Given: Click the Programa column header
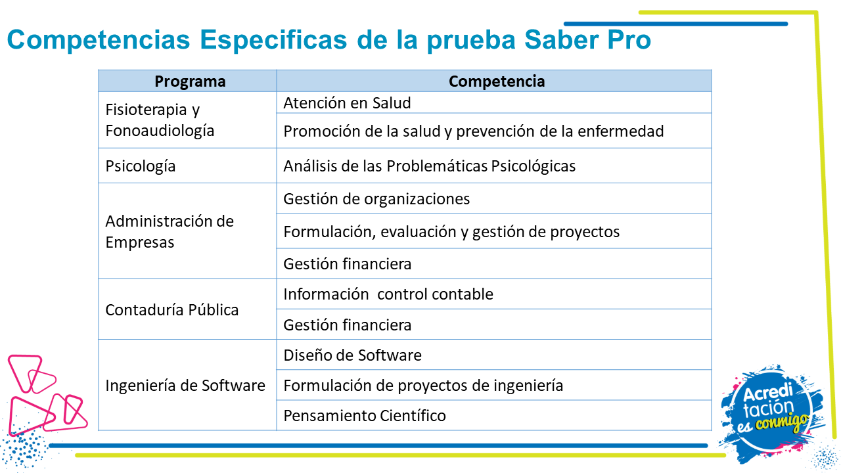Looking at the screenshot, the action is [x=190, y=81].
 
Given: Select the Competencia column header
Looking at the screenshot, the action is [x=496, y=81].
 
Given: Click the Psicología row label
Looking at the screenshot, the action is [x=141, y=166].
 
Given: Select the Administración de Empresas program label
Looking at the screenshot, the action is [x=170, y=232].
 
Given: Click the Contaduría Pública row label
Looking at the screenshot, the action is [x=171, y=309].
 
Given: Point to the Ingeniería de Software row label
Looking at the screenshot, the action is [x=185, y=386].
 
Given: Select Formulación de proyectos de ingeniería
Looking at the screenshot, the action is [x=423, y=386].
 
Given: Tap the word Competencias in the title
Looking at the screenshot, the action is [x=99, y=40].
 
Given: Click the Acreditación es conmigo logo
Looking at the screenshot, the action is [x=771, y=413].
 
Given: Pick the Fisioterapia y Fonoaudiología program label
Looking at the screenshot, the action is [x=160, y=120].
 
